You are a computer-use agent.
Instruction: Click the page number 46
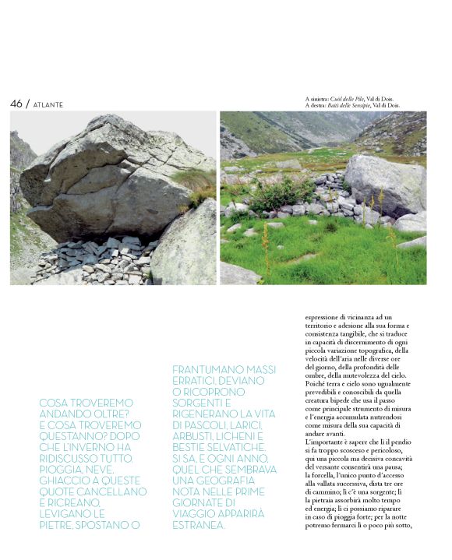tap(16, 104)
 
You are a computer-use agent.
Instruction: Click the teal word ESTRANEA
tap(197, 525)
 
